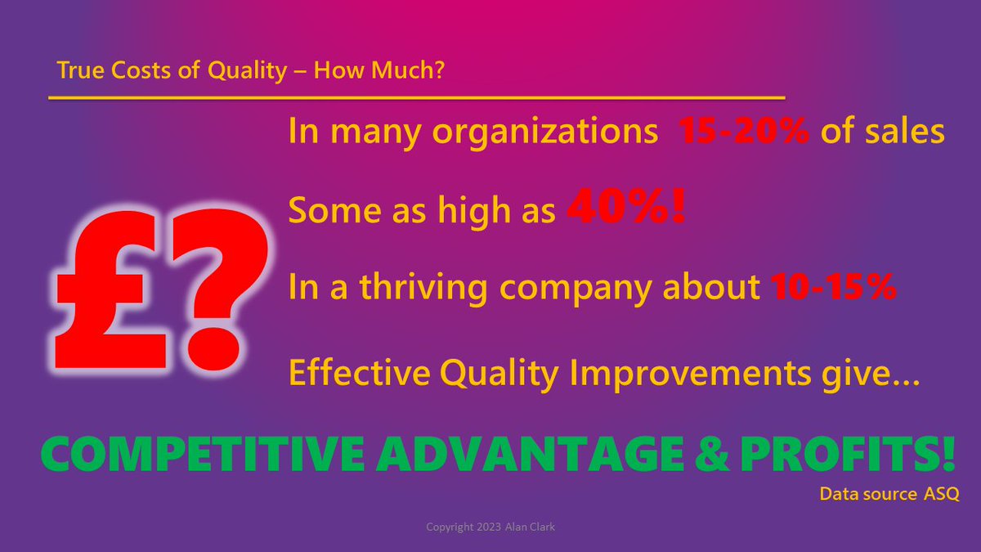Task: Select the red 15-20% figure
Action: tap(744, 133)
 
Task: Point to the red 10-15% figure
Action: tap(834, 289)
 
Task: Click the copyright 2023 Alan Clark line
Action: tap(490, 527)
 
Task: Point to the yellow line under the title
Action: tap(417, 97)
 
